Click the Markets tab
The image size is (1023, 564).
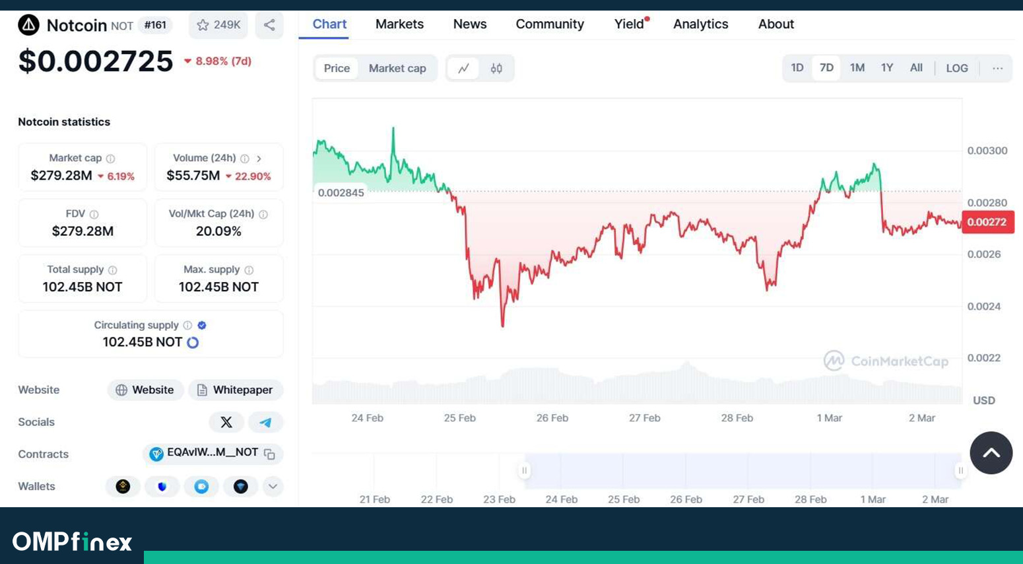click(x=399, y=24)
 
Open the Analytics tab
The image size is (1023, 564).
click(x=700, y=24)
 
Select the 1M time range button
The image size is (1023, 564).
click(x=857, y=68)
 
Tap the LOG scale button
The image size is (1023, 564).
click(x=957, y=68)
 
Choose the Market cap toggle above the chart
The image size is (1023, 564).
click(x=397, y=68)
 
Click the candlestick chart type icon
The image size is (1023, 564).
click(x=496, y=68)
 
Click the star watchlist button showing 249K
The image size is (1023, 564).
click(x=218, y=24)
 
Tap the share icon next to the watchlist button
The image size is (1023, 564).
click(x=269, y=24)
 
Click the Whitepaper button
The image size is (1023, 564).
click(x=236, y=390)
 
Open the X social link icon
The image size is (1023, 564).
click(x=226, y=422)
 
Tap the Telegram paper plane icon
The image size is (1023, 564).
click(x=265, y=422)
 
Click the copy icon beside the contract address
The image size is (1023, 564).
click(x=269, y=454)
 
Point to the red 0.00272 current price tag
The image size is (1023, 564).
click(x=987, y=222)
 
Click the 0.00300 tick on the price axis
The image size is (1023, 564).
click(x=987, y=151)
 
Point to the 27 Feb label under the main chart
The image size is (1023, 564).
click(x=644, y=418)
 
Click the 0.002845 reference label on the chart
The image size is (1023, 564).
click(x=341, y=193)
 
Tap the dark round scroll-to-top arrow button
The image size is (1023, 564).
click(x=991, y=452)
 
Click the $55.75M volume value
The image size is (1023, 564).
click(x=193, y=176)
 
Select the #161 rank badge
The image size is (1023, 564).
click(x=155, y=24)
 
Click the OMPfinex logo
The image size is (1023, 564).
click(x=72, y=542)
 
